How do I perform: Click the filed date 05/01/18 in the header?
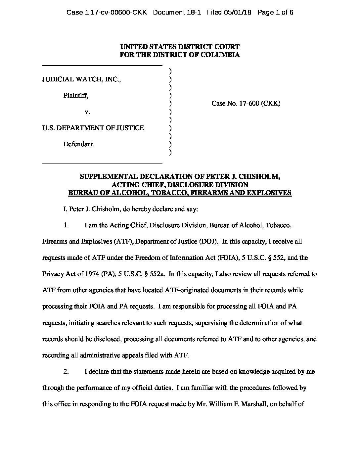238,13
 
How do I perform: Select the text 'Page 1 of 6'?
275,13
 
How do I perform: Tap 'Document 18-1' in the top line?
177,13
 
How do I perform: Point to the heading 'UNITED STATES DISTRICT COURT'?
180,47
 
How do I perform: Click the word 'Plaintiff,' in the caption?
76,96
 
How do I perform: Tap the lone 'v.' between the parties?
87,112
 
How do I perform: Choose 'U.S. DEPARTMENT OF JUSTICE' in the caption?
93,128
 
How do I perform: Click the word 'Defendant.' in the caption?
79,144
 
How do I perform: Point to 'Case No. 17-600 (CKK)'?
246,104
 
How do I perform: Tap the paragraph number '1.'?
66,225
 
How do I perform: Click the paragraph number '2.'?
66,371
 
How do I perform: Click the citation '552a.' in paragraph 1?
158,274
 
